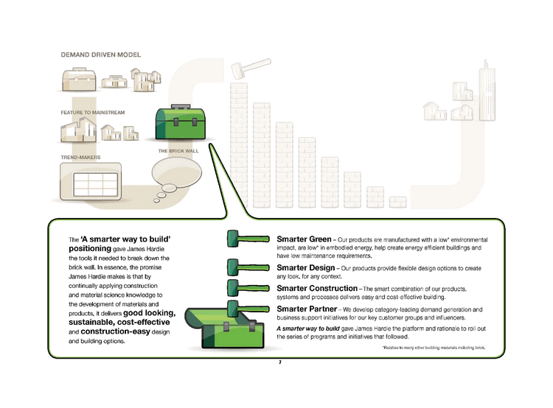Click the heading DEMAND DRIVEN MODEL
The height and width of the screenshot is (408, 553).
pyautogui.click(x=100, y=55)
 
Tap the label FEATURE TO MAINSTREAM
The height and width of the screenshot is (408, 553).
pyautogui.click(x=93, y=112)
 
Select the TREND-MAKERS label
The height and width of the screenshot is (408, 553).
pyautogui.click(x=80, y=157)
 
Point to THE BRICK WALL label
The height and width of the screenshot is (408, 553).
pyautogui.click(x=178, y=151)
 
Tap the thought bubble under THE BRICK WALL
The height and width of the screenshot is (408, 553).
pyautogui.click(x=175, y=175)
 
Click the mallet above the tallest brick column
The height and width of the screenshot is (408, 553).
pyautogui.click(x=240, y=70)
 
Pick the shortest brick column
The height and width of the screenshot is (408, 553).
pyautogui.click(x=397, y=202)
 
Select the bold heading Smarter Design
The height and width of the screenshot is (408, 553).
pyautogui.click(x=307, y=267)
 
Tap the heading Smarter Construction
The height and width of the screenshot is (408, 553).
pyautogui.click(x=319, y=288)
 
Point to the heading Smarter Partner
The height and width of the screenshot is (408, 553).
pyautogui.click(x=305, y=309)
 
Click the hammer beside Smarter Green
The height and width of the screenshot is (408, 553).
pyautogui.click(x=247, y=239)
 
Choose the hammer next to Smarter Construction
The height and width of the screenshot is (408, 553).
pyautogui.click(x=247, y=286)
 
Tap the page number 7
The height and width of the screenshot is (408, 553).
pyautogui.click(x=280, y=362)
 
